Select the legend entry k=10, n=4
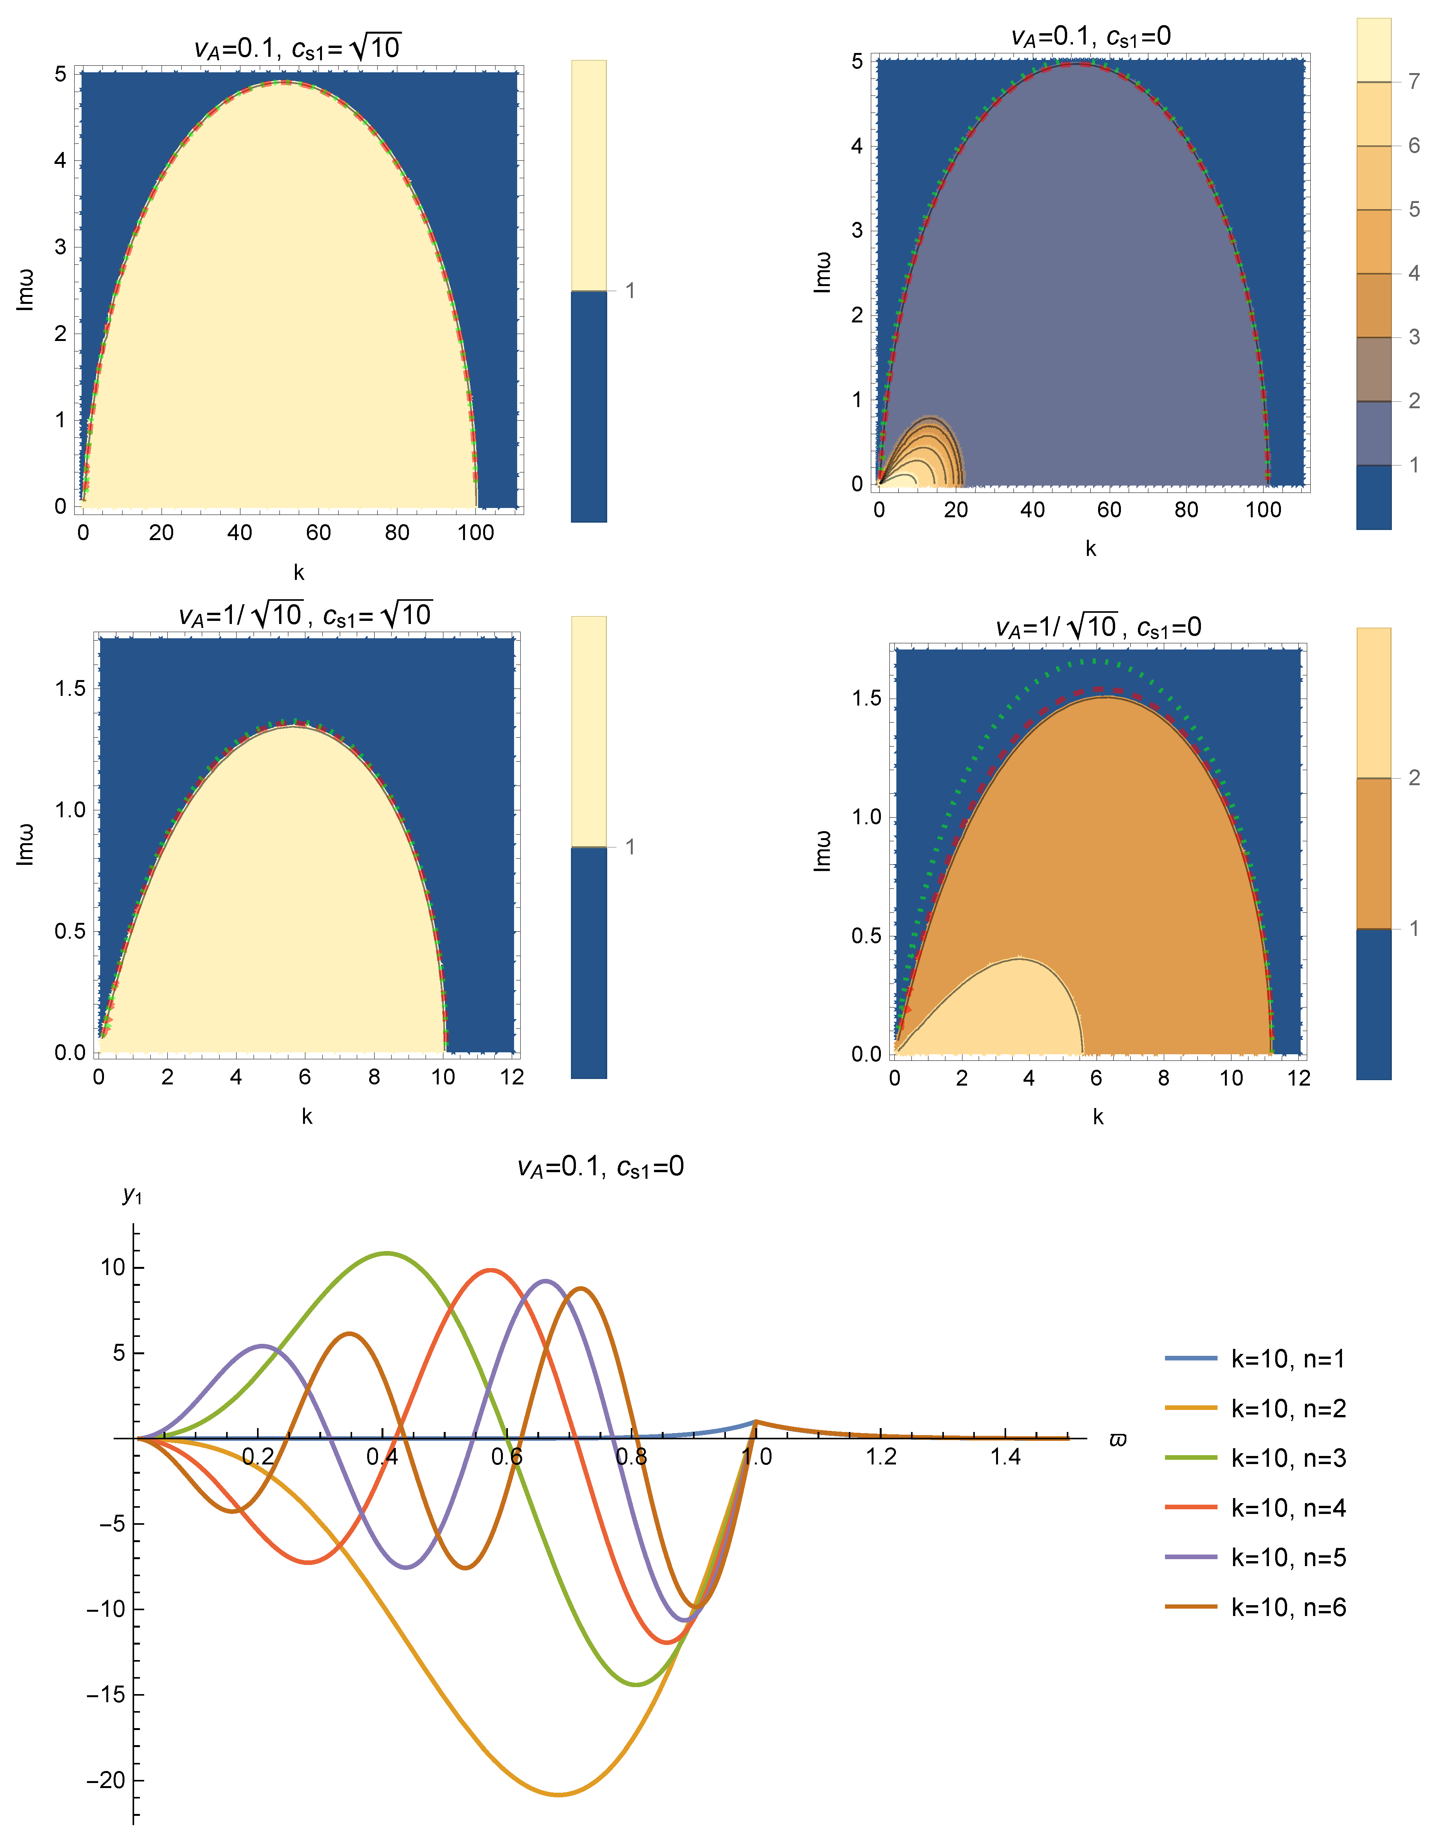pos(1255,1507)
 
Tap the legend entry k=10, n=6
pos(1255,1607)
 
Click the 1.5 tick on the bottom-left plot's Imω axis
pos(71,688)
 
